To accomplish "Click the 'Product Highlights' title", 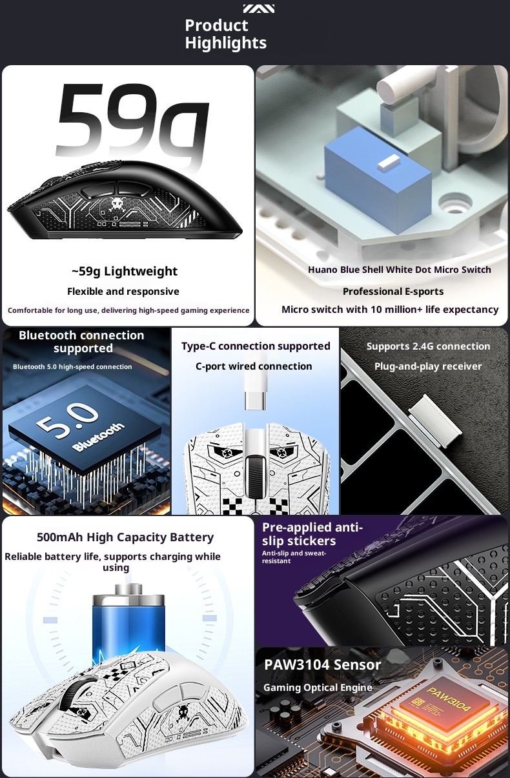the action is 225,34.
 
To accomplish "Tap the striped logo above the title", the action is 259,8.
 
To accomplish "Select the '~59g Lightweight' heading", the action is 125,271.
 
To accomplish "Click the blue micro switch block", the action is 378,179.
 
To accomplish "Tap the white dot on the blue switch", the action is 389,163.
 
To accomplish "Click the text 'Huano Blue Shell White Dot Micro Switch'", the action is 400,270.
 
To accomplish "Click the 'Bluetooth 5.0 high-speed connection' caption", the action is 72,367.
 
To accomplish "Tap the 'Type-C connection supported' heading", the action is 256,346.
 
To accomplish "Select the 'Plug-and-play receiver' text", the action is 428,366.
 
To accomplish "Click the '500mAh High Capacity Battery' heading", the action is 125,537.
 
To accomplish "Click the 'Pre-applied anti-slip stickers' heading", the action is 312,534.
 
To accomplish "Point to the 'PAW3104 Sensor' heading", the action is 322,664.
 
